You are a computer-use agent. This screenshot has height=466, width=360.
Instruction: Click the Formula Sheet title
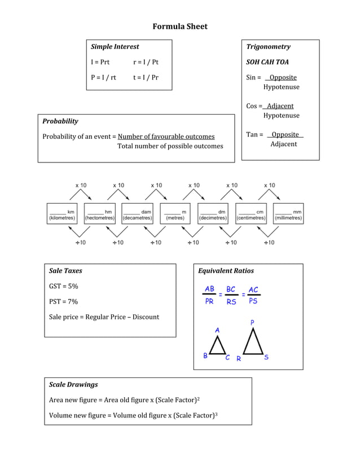(180, 27)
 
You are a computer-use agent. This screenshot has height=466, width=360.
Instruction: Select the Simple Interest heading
(115, 47)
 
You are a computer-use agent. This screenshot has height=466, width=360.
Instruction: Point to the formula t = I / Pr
(146, 77)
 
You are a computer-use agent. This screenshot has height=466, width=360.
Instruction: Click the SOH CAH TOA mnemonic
(267, 62)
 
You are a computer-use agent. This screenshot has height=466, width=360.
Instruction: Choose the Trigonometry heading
(268, 47)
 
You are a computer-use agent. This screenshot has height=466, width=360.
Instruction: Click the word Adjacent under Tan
(283, 144)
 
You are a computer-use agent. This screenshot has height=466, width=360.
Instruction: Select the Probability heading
(60, 121)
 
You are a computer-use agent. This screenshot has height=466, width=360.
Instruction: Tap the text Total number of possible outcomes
(170, 146)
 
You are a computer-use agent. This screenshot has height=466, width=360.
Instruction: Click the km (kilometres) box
(62, 214)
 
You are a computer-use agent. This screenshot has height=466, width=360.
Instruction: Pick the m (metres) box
(175, 214)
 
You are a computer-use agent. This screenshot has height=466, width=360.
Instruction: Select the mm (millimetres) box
(288, 214)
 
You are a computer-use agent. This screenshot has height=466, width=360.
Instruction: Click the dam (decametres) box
(137, 214)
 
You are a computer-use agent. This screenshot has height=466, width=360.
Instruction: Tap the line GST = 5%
(64, 286)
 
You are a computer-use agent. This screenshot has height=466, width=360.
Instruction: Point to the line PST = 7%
(64, 301)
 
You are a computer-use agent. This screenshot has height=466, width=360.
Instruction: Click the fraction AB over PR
(209, 295)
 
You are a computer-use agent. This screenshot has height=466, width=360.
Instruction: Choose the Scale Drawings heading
(73, 385)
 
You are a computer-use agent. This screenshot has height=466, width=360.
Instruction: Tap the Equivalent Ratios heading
(226, 271)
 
